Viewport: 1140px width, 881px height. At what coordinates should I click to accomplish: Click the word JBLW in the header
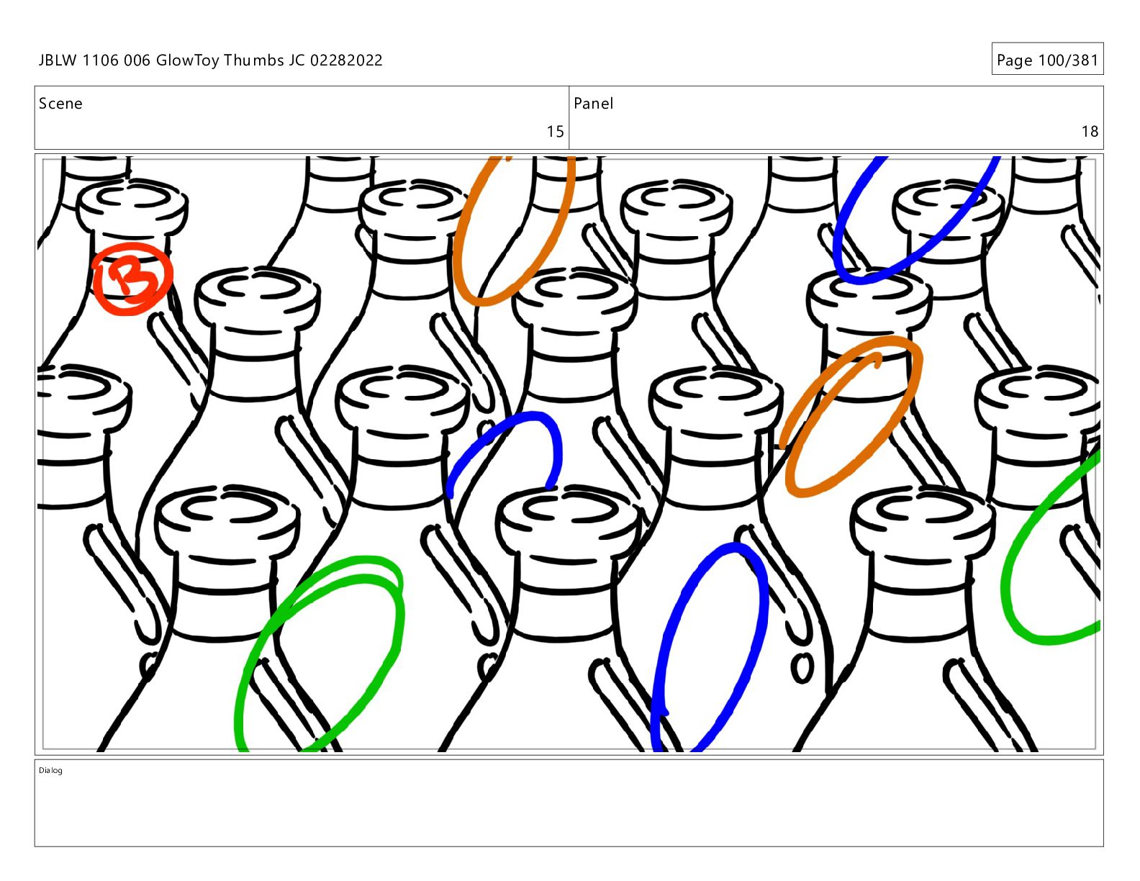(x=58, y=60)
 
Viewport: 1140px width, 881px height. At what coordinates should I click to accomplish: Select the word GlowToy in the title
(x=187, y=60)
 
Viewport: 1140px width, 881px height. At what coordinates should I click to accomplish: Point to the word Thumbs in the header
(x=253, y=60)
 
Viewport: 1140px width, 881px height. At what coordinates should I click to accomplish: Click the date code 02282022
(x=346, y=60)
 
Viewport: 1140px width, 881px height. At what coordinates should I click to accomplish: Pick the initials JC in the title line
(x=297, y=60)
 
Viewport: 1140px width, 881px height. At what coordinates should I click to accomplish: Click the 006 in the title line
(x=137, y=60)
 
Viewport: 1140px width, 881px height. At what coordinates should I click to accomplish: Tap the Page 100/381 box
(x=1047, y=59)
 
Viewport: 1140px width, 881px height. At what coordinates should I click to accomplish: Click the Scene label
(x=60, y=104)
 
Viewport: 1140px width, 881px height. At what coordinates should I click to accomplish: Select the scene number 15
(x=555, y=131)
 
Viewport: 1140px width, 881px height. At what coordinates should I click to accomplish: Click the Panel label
(x=593, y=104)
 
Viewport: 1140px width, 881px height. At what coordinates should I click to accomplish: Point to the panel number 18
(x=1090, y=131)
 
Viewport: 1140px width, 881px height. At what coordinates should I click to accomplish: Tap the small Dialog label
(x=50, y=770)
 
